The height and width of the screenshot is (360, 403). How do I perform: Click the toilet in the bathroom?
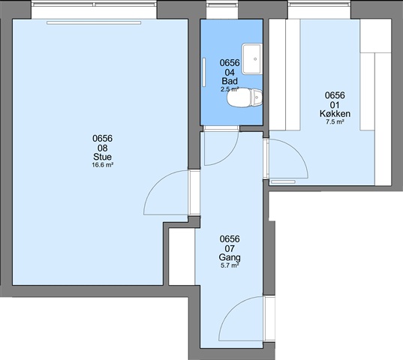pyautogui.click(x=245, y=97)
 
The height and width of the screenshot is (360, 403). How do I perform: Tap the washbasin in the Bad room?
pyautogui.click(x=252, y=58)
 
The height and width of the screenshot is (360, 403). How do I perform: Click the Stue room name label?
pyautogui.click(x=102, y=157)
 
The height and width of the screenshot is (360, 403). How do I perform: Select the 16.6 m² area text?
pyautogui.click(x=103, y=165)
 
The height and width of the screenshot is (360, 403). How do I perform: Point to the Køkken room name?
pyautogui.click(x=335, y=113)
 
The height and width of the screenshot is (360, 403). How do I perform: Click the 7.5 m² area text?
pyautogui.click(x=335, y=122)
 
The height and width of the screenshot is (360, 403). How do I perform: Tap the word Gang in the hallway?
pyautogui.click(x=230, y=257)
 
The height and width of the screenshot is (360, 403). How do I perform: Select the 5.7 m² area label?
pyautogui.click(x=230, y=265)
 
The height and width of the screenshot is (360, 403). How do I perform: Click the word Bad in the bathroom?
pyautogui.click(x=230, y=81)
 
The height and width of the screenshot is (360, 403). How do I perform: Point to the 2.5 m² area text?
pyautogui.click(x=230, y=89)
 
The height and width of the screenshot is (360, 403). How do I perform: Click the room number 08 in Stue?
pyautogui.click(x=102, y=148)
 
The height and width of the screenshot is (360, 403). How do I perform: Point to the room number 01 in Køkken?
pyautogui.click(x=335, y=105)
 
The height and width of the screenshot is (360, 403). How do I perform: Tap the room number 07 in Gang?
pyautogui.click(x=230, y=248)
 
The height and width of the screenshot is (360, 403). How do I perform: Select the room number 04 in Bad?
pyautogui.click(x=230, y=73)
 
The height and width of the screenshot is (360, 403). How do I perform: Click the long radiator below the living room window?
pyautogui.click(x=94, y=22)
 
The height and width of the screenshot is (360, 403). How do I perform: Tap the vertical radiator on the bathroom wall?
pyautogui.click(x=204, y=72)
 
